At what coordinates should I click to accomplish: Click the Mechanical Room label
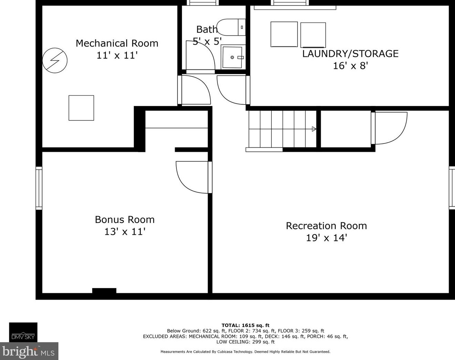(117, 43)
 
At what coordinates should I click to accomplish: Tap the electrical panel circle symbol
(55, 60)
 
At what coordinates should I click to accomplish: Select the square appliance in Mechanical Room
(81, 108)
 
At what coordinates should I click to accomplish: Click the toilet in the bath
(231, 27)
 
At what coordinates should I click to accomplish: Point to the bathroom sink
(232, 57)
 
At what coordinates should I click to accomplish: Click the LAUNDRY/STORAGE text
(350, 54)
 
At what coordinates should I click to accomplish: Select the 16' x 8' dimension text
(350, 66)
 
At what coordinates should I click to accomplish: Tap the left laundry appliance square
(284, 34)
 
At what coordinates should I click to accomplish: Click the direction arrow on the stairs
(314, 129)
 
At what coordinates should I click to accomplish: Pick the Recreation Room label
(326, 226)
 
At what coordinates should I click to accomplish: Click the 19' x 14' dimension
(326, 238)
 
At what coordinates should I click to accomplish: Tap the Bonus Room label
(124, 220)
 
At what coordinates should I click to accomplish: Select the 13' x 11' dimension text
(124, 232)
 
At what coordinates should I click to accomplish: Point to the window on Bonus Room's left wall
(39, 188)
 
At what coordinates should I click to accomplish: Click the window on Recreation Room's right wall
(452, 187)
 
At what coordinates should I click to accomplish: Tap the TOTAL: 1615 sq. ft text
(245, 325)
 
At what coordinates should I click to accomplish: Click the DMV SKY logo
(23, 332)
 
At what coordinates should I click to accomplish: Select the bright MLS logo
(29, 351)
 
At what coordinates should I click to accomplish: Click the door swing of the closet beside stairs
(391, 127)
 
